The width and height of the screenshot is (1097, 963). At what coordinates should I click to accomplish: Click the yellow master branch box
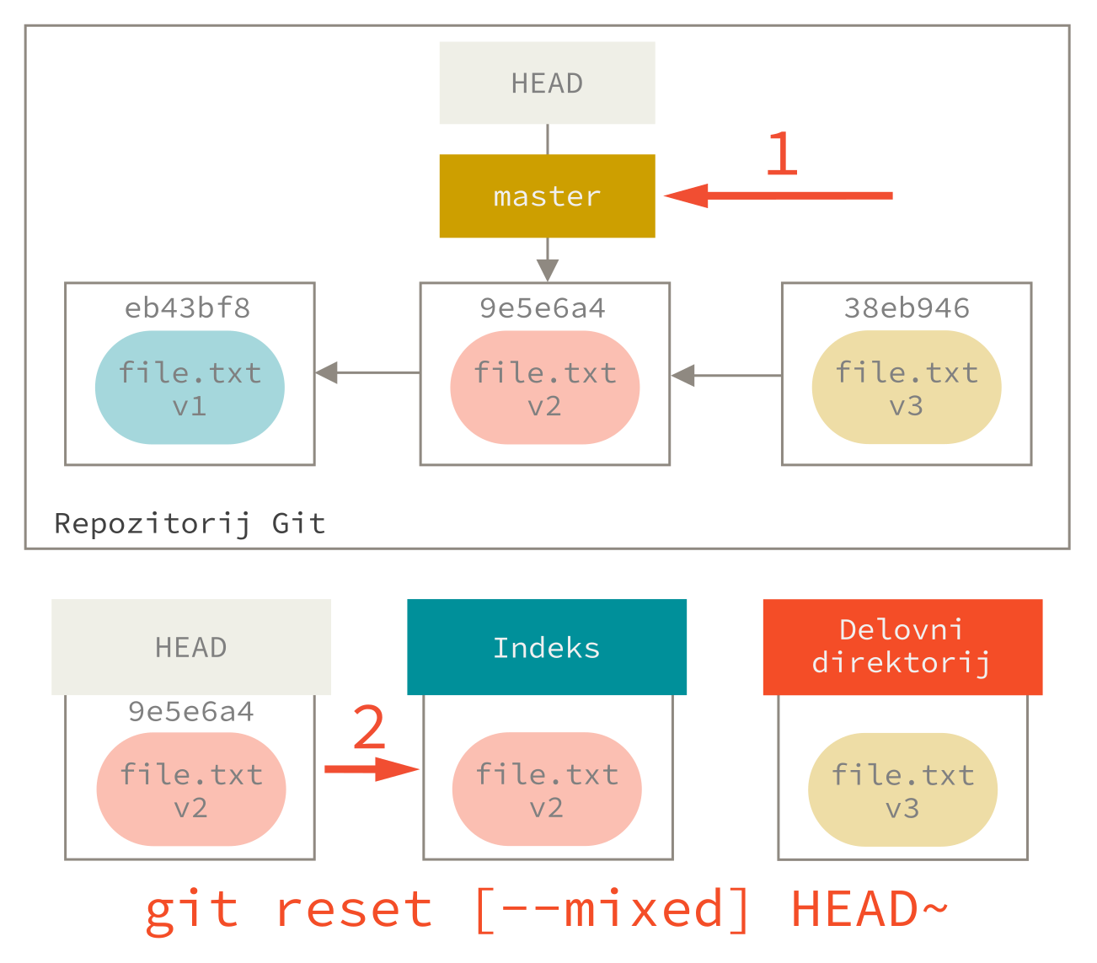(547, 196)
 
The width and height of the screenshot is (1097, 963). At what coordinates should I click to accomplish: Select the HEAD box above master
(547, 83)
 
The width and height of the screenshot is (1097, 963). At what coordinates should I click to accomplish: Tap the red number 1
(782, 154)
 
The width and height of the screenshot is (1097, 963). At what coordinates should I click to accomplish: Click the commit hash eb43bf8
(187, 308)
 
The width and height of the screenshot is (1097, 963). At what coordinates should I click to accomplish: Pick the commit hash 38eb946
(907, 308)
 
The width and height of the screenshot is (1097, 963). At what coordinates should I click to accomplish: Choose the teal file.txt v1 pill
(190, 388)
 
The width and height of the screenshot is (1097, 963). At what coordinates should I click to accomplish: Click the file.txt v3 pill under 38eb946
(907, 388)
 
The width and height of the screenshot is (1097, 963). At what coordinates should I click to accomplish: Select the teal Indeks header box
(547, 647)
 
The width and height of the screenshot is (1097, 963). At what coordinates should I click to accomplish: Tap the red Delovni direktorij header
(902, 647)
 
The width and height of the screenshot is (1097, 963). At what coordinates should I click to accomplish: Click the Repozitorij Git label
(190, 523)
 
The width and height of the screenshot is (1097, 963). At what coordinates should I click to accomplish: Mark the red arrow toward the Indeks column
(372, 768)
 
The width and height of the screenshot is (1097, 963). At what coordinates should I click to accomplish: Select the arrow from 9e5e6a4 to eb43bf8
(367, 372)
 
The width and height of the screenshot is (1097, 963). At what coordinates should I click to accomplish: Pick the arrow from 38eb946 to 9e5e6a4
(725, 375)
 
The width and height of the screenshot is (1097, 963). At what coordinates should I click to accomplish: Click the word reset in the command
(354, 910)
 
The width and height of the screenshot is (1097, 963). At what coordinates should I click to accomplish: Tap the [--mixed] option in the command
(612, 910)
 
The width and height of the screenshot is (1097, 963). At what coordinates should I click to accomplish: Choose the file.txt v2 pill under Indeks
(547, 789)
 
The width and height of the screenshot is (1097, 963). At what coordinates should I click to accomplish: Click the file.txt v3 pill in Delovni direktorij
(902, 789)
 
